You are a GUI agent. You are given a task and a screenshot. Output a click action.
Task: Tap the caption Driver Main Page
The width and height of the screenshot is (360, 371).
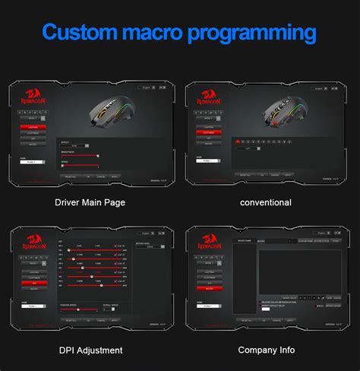pos(90,203)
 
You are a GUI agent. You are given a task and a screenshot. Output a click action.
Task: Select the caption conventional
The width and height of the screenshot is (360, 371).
pos(265,203)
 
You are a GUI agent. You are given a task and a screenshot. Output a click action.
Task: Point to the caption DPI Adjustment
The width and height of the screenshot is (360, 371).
pos(90,350)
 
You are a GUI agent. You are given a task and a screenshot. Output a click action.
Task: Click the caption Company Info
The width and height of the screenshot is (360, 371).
pos(266,350)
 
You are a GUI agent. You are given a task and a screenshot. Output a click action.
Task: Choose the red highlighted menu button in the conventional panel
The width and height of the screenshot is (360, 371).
pos(207,132)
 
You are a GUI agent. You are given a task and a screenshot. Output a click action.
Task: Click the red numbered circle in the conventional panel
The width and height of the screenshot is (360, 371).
pos(238,141)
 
